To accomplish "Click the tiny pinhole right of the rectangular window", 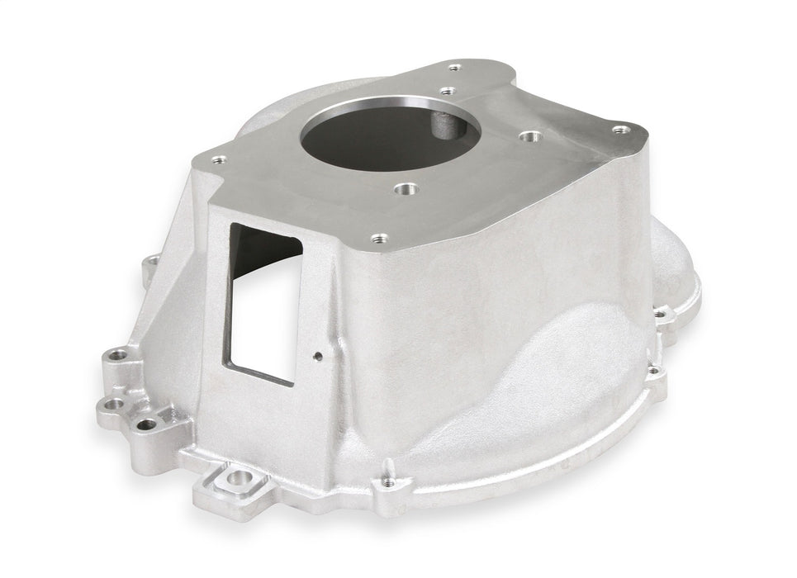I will [x=318, y=358].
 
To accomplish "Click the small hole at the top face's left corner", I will [x=219, y=162].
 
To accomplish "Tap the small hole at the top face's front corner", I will [x=379, y=239].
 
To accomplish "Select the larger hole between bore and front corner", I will [x=404, y=190].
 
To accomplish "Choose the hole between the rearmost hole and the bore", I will [x=447, y=91].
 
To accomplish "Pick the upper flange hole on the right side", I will [x=659, y=314].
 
